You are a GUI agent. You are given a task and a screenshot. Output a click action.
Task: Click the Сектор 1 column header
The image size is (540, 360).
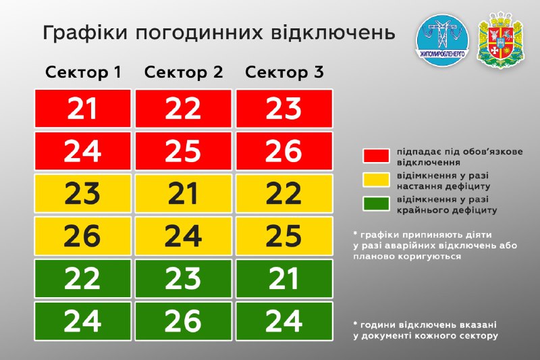coord(83,72)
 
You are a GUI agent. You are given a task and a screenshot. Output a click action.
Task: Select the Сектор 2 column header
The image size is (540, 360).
coord(184,72)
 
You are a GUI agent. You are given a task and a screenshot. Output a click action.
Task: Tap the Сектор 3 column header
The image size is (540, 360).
coord(284,72)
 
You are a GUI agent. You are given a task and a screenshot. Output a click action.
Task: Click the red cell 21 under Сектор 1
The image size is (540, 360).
coord(83,109)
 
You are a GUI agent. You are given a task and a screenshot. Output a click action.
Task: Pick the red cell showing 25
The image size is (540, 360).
coord(183,151)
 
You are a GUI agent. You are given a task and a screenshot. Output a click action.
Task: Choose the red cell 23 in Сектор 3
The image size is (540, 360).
coord(284,109)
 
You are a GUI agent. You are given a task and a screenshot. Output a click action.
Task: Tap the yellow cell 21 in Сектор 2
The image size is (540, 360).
coord(183,194)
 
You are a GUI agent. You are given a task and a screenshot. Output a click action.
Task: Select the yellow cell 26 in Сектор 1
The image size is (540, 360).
coord(83,236)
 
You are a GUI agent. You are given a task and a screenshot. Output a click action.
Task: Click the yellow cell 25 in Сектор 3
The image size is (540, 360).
coord(284,236)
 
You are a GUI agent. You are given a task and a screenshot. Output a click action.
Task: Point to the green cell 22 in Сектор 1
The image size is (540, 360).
coord(83,279)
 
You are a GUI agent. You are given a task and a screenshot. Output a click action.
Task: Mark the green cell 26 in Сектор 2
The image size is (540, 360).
coord(183,321)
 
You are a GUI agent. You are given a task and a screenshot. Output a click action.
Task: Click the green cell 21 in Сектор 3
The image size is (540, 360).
coord(284,279)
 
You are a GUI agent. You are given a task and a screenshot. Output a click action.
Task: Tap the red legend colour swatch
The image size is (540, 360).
coord(376,156)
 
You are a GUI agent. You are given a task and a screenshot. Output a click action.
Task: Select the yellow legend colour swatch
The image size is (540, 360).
coord(376,180)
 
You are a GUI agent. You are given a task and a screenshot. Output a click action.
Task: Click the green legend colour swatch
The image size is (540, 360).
coord(376,203)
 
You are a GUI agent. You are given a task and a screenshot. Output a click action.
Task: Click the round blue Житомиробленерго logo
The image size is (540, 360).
coord(443,41)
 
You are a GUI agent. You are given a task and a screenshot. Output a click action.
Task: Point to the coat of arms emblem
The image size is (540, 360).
coord(501,40)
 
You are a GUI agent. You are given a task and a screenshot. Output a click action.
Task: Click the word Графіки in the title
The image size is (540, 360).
coord(86,33)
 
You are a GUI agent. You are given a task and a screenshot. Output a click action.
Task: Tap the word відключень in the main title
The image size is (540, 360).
coord(333,32)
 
